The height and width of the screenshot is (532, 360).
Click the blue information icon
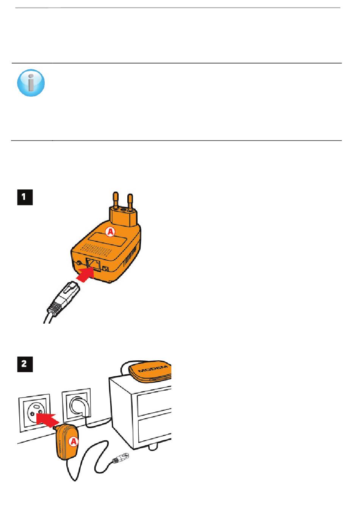click(x=31, y=83)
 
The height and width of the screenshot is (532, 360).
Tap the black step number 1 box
click(x=25, y=197)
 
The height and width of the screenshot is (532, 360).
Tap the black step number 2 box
click(x=25, y=364)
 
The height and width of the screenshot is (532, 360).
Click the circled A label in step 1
click(x=110, y=231)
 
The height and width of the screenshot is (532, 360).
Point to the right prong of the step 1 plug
click(x=130, y=202)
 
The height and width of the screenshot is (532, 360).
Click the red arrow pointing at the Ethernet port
click(x=85, y=274)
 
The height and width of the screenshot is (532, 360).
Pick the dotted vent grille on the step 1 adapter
click(x=97, y=249)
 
